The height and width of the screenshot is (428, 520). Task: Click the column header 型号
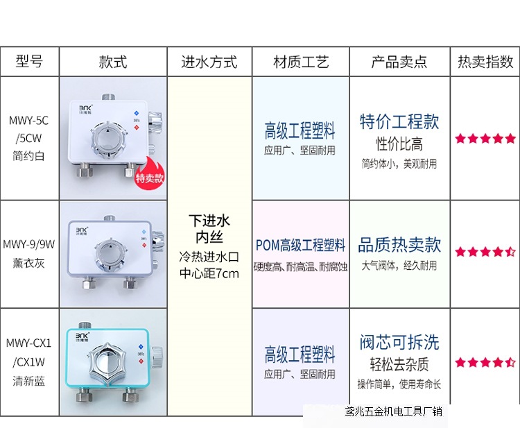coord(29,62)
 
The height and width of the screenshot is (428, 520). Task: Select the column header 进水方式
coord(209,62)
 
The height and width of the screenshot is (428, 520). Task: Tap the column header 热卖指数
coord(485,62)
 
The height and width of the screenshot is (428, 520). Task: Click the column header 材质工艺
coord(300,62)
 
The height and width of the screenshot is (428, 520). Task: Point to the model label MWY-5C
coord(29,121)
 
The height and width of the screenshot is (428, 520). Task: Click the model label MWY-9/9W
coord(29,243)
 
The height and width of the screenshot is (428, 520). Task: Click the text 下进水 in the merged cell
coord(209,221)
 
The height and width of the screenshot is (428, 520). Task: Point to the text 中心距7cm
coord(209,273)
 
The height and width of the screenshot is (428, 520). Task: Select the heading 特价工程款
coord(399,121)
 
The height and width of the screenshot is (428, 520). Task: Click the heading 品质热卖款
coord(399,245)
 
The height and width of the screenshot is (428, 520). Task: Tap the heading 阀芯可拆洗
coord(399,342)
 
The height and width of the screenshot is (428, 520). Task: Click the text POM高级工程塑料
coord(300,246)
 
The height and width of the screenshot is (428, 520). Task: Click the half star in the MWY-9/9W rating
coord(511,252)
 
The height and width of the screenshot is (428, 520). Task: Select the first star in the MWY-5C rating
coord(460,139)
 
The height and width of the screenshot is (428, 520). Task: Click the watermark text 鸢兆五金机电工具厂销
coord(394,413)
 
